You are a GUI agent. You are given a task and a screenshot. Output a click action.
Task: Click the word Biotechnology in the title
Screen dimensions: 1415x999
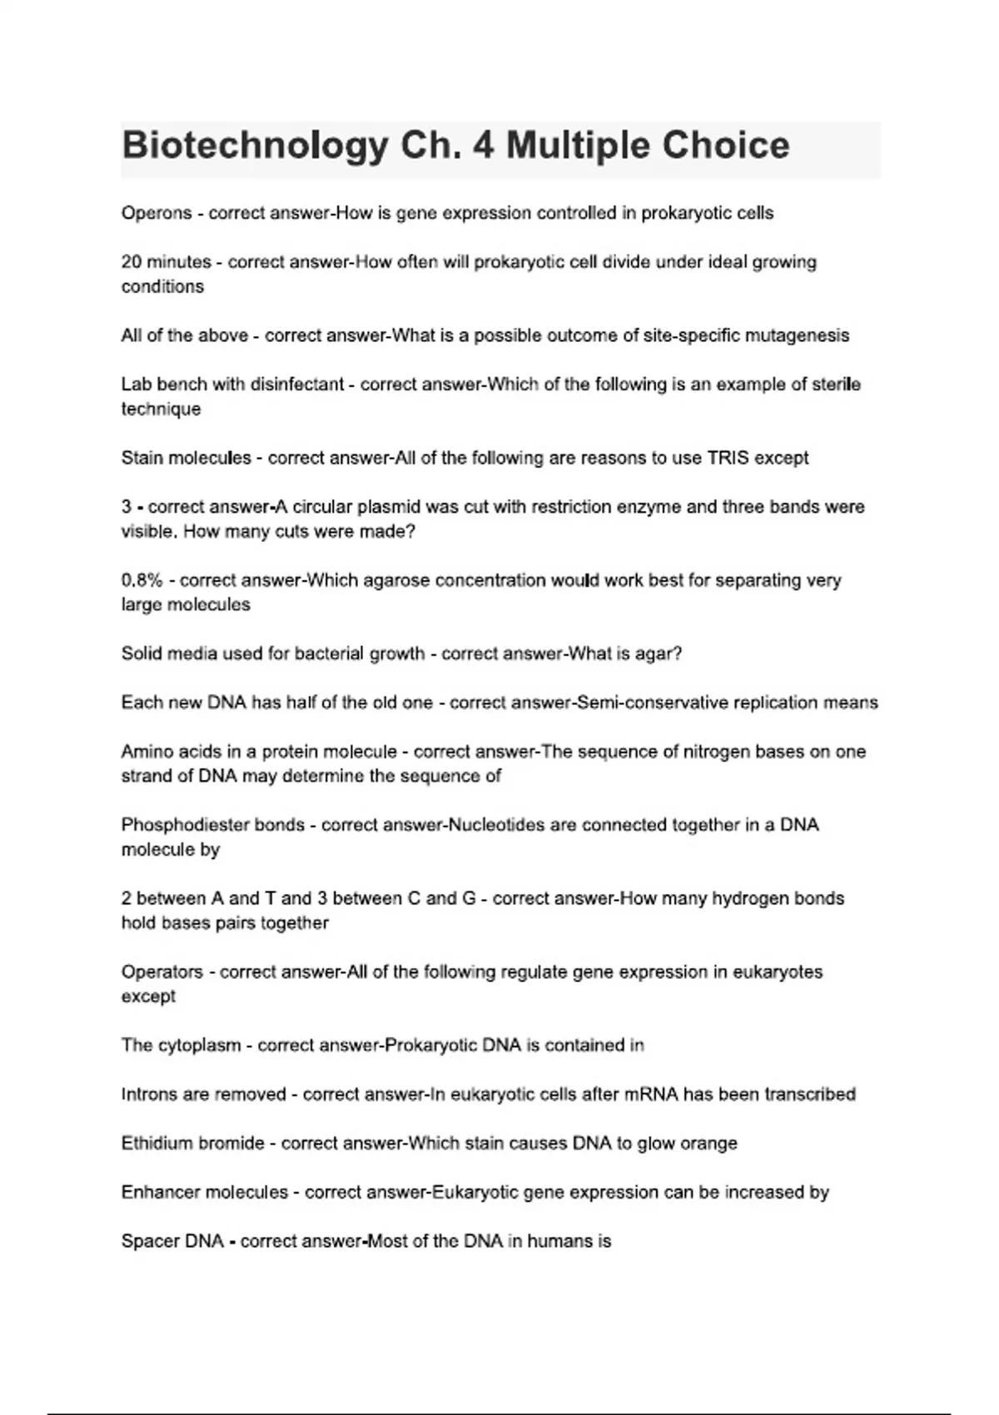[x=254, y=146]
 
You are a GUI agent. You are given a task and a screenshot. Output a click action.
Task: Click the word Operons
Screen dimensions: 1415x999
[x=157, y=214]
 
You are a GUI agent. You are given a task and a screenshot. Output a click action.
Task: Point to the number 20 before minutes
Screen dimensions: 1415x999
[x=132, y=262]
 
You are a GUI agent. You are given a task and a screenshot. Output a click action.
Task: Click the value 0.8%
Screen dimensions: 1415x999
[x=142, y=580]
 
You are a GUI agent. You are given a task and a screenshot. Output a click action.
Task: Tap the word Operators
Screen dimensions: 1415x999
[x=162, y=972]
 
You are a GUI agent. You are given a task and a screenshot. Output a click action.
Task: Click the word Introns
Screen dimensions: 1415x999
[x=149, y=1095]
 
